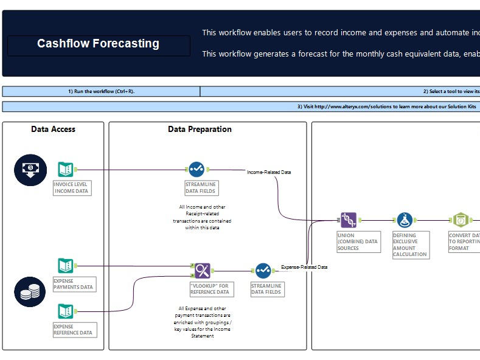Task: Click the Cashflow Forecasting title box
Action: [99, 44]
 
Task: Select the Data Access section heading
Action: [54, 129]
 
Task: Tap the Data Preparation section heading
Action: [200, 129]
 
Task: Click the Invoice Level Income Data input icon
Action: [66, 170]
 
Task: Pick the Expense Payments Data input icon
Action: [66, 266]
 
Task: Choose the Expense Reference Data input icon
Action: [66, 311]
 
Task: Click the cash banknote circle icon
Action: [30, 170]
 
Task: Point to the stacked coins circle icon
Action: [30, 292]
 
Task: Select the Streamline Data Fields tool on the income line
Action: [196, 169]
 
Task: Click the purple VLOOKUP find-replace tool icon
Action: [203, 271]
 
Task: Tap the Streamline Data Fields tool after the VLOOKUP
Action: [263, 271]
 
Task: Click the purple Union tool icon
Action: [348, 220]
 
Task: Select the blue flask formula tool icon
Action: [405, 220]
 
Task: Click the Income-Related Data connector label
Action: [269, 172]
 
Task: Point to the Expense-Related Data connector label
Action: [304, 267]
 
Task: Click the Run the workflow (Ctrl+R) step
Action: [101, 91]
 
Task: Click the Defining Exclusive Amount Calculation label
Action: [410, 244]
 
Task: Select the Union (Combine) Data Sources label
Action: [358, 241]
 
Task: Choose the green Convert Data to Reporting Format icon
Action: [461, 220]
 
